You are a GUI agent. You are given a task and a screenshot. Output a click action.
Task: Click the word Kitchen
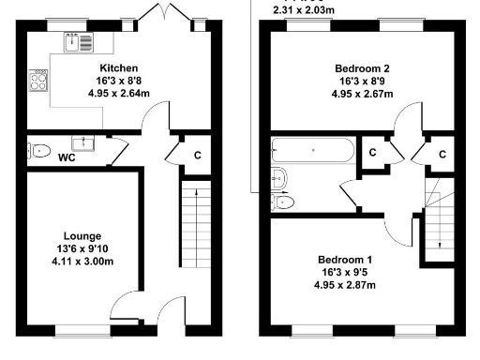(119, 68)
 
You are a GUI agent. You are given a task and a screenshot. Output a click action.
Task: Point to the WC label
(67, 157)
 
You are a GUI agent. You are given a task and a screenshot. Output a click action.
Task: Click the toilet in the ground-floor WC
(39, 150)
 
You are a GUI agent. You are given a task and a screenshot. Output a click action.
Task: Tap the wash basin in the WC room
(85, 142)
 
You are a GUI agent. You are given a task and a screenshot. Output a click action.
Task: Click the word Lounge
(82, 235)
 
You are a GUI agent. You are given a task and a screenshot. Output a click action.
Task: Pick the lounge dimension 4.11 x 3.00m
(82, 262)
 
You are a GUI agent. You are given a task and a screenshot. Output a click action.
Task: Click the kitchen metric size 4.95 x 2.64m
(119, 94)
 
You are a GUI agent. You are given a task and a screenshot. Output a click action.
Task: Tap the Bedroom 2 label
(360, 68)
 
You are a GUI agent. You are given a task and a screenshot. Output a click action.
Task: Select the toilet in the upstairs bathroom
(283, 202)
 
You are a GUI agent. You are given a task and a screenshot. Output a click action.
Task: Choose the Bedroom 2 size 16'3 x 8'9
(360, 82)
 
